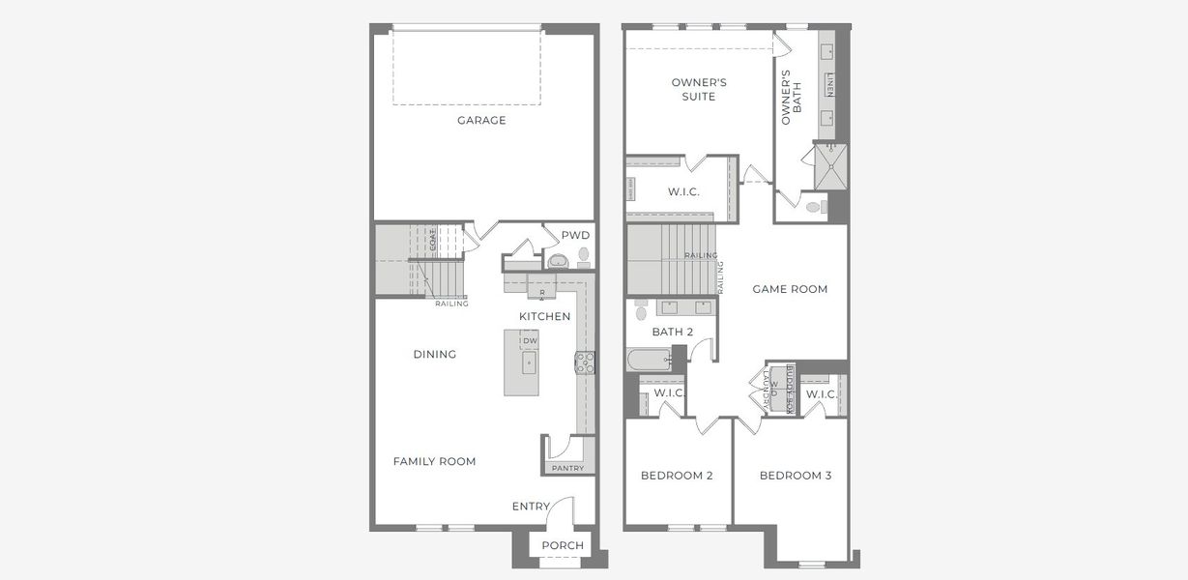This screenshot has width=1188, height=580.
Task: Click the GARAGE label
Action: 481,121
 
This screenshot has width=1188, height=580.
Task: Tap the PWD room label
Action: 575,235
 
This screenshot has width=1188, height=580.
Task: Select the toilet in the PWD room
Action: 583,257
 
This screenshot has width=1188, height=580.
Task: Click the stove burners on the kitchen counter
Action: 585,362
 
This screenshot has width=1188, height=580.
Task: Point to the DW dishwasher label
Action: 530,341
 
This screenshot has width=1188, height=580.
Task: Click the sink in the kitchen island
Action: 529,363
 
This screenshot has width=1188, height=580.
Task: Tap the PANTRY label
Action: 567,468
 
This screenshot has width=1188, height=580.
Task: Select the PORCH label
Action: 563,545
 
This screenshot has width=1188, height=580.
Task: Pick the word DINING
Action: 434,355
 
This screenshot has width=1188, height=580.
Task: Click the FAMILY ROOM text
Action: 434,461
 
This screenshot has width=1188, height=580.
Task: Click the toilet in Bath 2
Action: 640,311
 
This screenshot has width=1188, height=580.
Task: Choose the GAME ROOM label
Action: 790,289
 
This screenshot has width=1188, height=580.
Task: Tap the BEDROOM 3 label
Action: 795,476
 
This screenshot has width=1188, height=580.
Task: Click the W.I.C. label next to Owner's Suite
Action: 683,192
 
